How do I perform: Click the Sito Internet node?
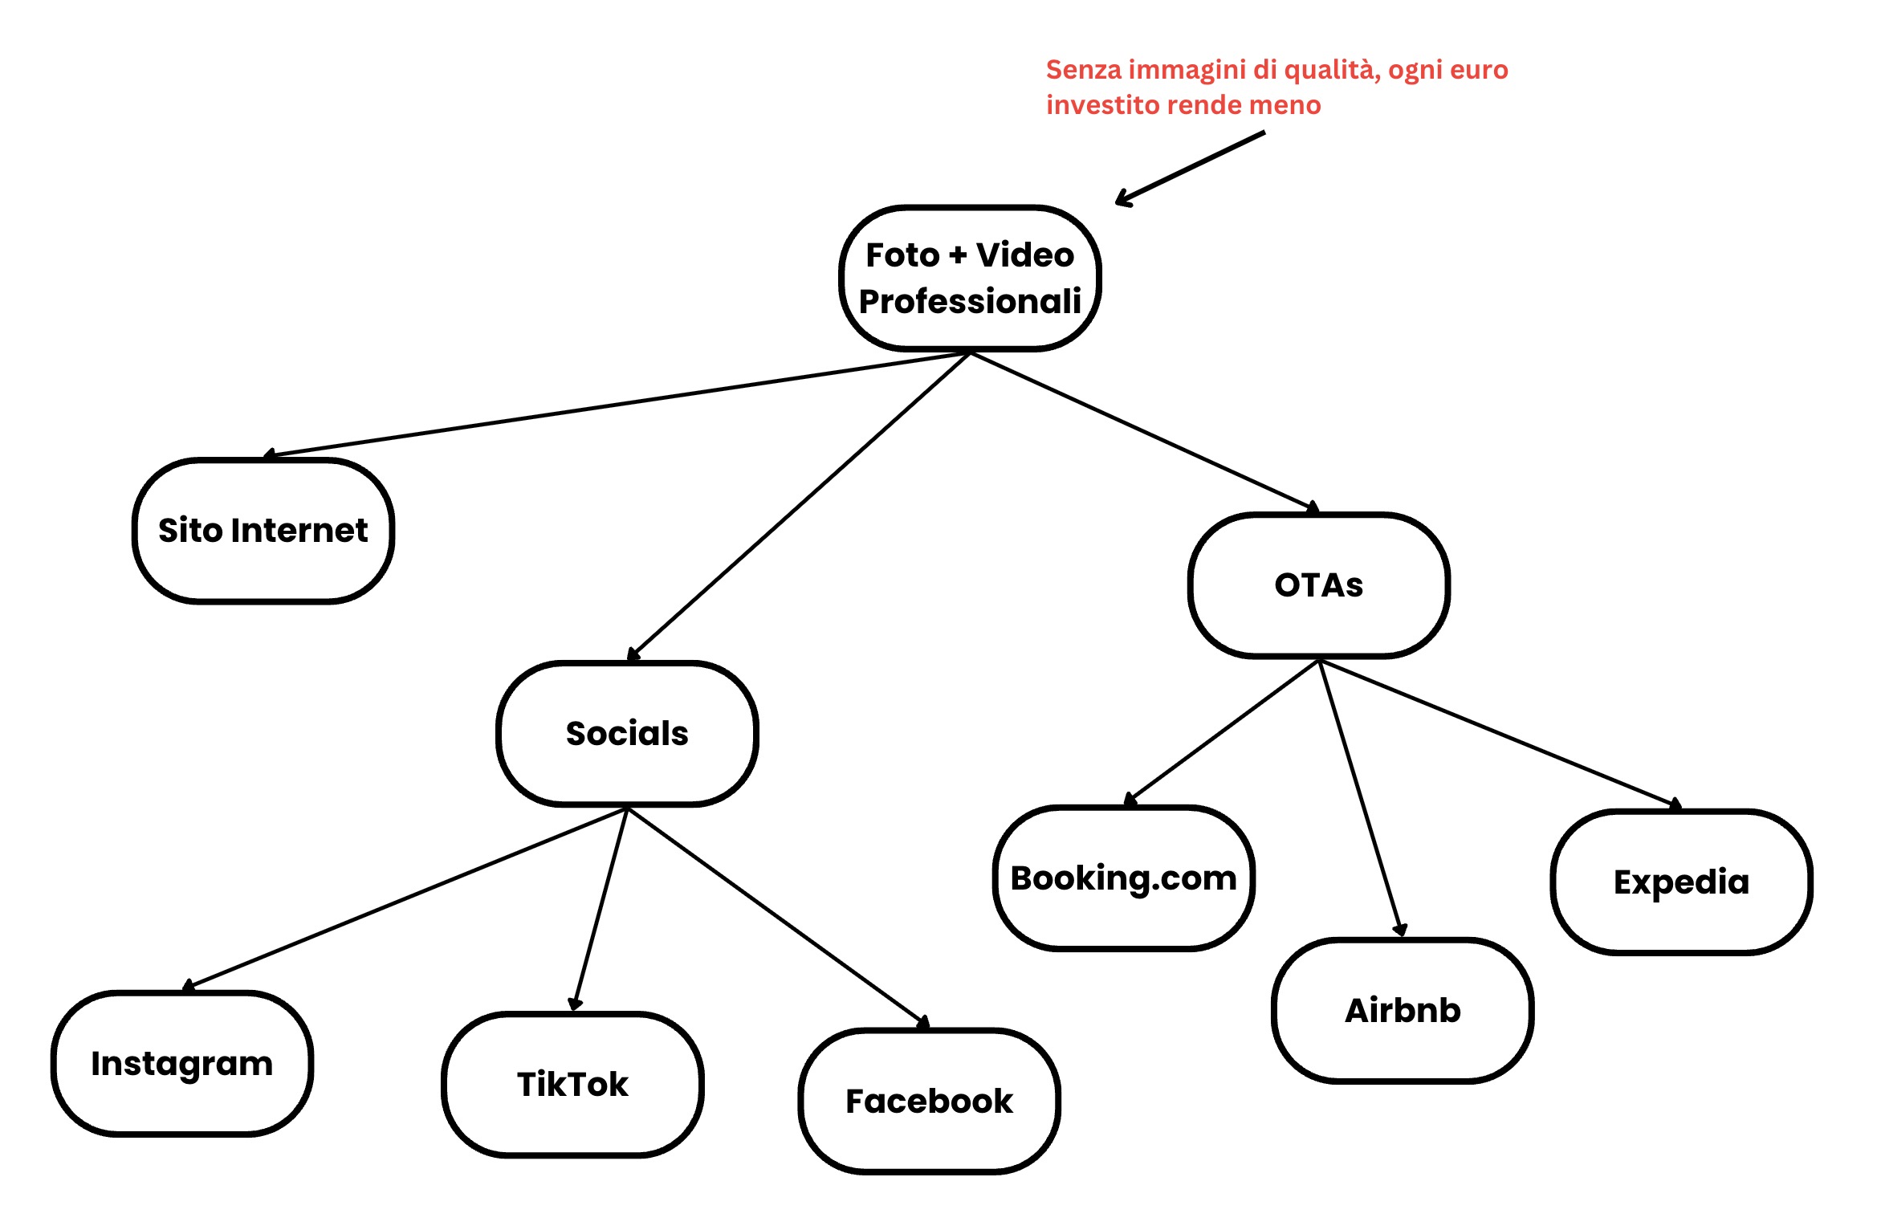263,531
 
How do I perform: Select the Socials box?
627,733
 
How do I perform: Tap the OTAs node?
1318,585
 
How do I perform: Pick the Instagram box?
182,1063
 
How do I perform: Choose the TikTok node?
572,1084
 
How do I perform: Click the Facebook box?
929,1101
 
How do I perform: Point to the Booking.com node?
1123,878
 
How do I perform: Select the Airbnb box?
1403,1010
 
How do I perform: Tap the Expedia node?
1681,882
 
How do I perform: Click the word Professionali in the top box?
970,302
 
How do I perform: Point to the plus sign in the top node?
957,255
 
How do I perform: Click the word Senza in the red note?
1083,70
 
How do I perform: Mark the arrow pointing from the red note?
1190,168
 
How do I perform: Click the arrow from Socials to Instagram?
405,898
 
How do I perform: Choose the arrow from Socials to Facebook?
777,915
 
